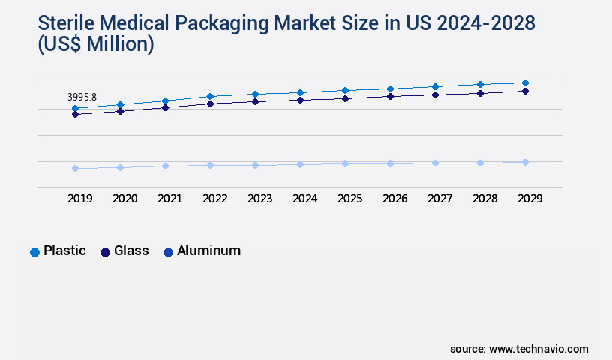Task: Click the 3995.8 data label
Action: (82, 97)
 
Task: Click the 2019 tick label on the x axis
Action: (80, 199)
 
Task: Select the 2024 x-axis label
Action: (305, 199)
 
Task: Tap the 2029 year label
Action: (529, 199)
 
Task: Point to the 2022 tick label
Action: (215, 199)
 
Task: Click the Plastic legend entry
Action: (58, 251)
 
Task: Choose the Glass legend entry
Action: (125, 251)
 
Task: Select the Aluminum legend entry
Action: (202, 251)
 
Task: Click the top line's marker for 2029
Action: (525, 82)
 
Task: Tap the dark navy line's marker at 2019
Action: (75, 114)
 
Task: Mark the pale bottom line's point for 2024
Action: (300, 164)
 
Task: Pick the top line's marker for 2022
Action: (210, 96)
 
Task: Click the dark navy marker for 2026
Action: (390, 96)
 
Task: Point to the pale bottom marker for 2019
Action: (75, 168)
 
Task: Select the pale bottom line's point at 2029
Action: (525, 162)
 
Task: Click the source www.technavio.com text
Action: (519, 349)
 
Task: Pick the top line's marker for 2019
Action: (75, 109)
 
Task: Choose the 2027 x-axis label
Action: (440, 199)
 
